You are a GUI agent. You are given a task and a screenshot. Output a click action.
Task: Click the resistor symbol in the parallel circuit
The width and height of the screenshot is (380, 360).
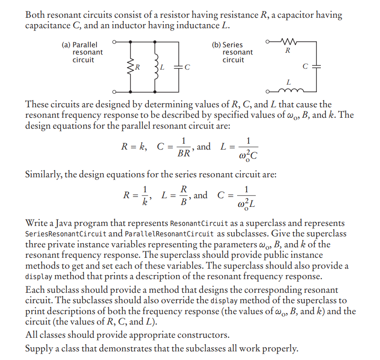click(132, 67)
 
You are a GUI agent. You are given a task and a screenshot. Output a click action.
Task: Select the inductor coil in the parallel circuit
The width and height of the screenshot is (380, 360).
click(157, 67)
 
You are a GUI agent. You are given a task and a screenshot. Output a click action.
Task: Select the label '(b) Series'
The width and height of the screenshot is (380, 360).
click(227, 45)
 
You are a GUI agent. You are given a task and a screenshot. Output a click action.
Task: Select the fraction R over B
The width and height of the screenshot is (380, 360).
click(183, 196)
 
